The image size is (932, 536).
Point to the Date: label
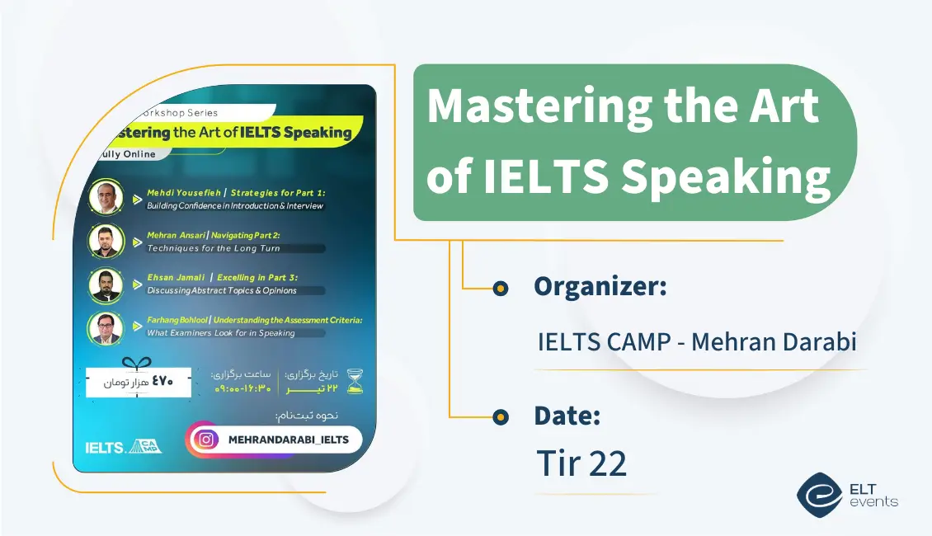[x=567, y=416]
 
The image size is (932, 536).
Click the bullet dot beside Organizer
[x=499, y=288]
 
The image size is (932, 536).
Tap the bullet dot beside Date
[x=499, y=417]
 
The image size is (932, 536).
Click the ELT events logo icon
[x=819, y=494]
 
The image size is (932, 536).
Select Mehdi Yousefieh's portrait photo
[x=106, y=197]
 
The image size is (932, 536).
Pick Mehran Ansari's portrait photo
[x=106, y=241]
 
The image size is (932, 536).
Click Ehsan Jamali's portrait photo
[x=106, y=285]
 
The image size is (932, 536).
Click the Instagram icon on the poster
[x=208, y=440]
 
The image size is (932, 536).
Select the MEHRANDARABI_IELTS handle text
[x=288, y=440]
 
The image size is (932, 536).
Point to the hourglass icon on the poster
[x=355, y=381]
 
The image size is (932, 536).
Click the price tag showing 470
[x=139, y=382]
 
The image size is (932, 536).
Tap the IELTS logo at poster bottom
[x=105, y=448]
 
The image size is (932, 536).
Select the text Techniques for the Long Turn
[x=214, y=248]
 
